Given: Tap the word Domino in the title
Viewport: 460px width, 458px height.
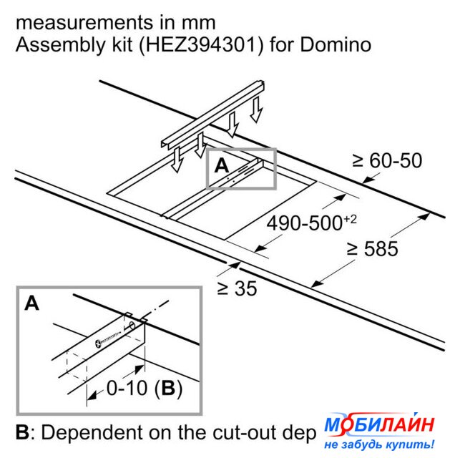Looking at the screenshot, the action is pyautogui.click(x=336, y=45).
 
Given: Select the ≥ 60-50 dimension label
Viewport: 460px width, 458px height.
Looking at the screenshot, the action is pyautogui.click(x=387, y=160).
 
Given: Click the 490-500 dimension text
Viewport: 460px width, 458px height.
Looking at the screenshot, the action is pyautogui.click(x=305, y=223).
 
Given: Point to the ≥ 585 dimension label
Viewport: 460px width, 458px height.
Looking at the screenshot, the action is pyautogui.click(x=372, y=249).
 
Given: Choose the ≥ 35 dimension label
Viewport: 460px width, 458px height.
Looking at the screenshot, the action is pyautogui.click(x=237, y=288).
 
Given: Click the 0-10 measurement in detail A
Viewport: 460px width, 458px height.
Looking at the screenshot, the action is pyautogui.click(x=127, y=388).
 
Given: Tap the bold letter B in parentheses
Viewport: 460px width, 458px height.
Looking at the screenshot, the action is pyautogui.click(x=168, y=388).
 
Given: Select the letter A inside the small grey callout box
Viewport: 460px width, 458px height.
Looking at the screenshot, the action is pyautogui.click(x=222, y=166).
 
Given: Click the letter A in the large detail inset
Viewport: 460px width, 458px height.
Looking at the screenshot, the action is pyautogui.click(x=31, y=303).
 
